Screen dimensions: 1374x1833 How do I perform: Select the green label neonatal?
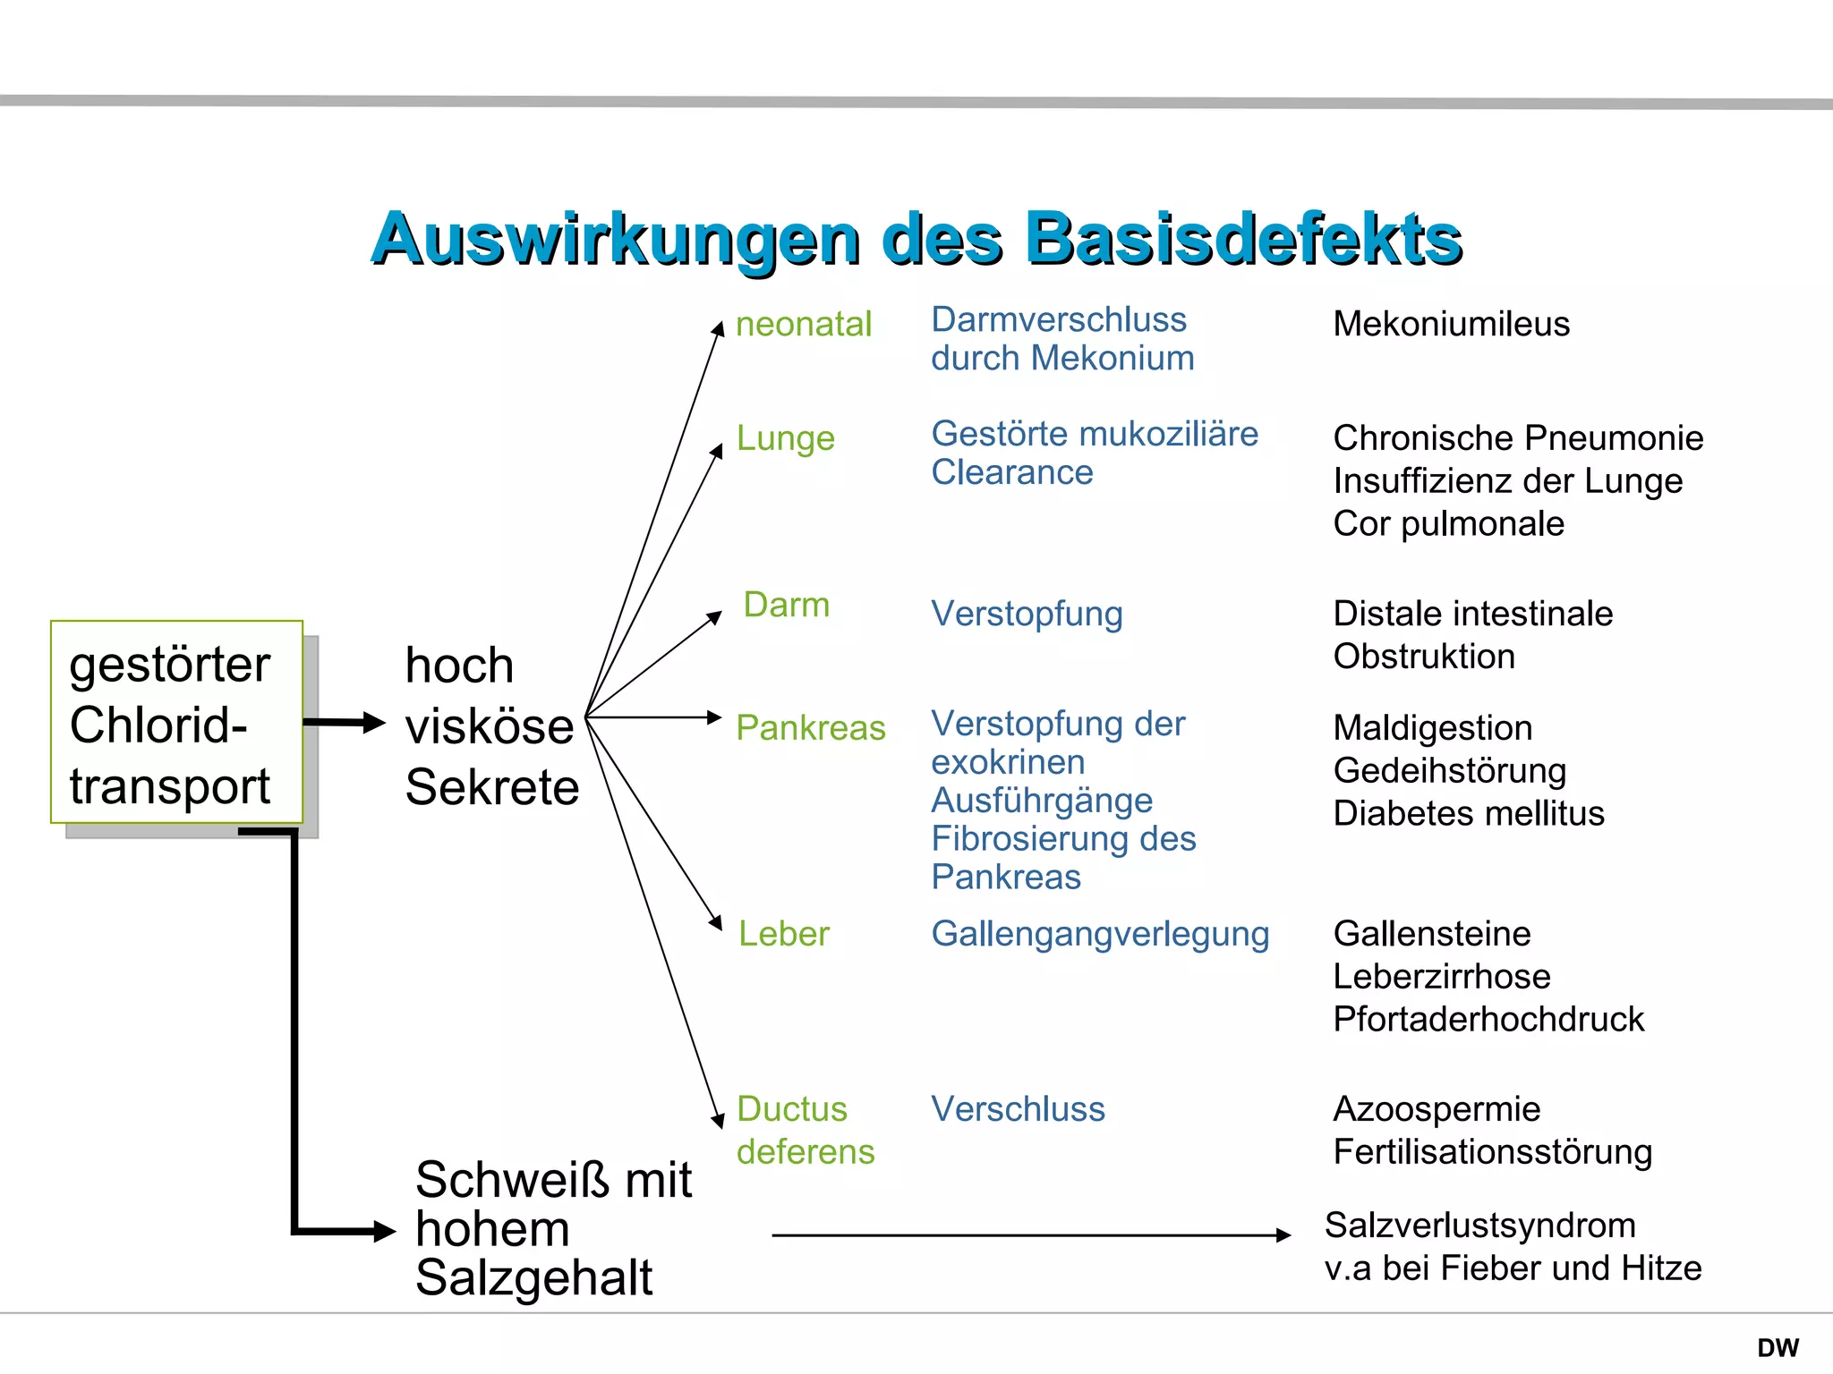click(x=803, y=324)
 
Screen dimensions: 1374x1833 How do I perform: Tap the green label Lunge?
click(x=785, y=438)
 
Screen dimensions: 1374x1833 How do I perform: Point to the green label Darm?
click(x=787, y=605)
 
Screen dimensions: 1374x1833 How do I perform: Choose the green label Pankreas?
click(x=810, y=727)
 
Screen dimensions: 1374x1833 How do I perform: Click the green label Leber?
click(x=783, y=934)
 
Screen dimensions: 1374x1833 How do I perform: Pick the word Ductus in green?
click(x=791, y=1109)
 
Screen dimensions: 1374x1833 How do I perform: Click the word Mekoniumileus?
click(x=1451, y=324)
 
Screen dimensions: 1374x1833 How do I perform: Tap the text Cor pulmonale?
click(x=1448, y=523)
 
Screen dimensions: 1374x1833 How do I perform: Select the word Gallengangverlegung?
click(x=1099, y=934)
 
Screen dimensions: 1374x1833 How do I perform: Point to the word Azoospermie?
click(x=1437, y=1109)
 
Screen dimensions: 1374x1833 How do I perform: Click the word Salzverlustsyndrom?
click(x=1479, y=1226)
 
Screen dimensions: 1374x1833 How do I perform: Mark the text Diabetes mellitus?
click(x=1468, y=813)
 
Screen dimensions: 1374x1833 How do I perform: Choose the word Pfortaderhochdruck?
click(x=1488, y=1019)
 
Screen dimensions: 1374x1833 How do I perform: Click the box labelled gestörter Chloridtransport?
click(x=176, y=722)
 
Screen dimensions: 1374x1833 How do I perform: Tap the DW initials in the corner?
click(x=1778, y=1347)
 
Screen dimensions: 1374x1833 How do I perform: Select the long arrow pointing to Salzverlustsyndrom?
click(x=1029, y=1235)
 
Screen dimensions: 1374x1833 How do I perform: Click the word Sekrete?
click(x=492, y=787)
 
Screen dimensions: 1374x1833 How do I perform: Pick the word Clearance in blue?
click(x=1011, y=472)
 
